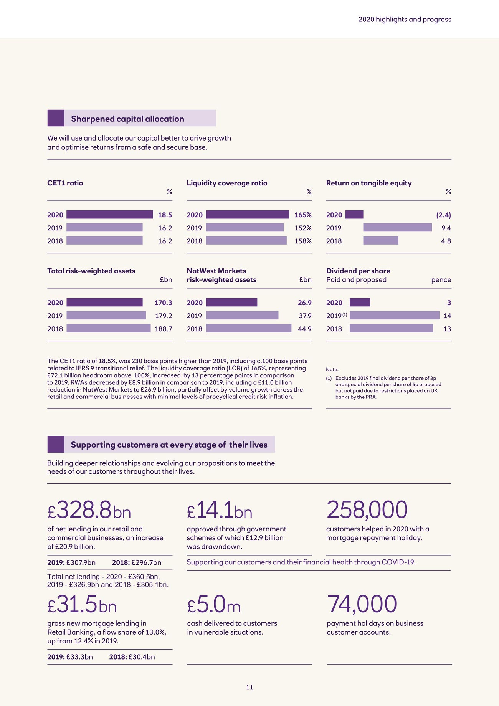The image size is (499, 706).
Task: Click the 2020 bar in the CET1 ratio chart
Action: tap(109, 215)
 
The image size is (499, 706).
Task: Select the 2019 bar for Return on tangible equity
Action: tap(397, 228)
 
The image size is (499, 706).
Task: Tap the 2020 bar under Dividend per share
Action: tap(360, 303)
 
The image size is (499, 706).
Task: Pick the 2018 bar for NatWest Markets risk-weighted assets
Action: tap(248, 329)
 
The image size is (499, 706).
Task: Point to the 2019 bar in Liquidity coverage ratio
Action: tap(245, 228)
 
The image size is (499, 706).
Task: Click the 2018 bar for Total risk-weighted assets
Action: tap(108, 329)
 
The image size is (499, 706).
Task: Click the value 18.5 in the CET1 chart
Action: tap(165, 215)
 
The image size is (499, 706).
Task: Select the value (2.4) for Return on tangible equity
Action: tap(443, 215)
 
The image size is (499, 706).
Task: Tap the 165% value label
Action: tap(303, 215)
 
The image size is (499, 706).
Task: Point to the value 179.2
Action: tap(163, 316)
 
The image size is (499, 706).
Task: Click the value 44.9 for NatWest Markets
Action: tap(305, 329)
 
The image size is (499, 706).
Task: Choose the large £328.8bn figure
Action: tap(89, 510)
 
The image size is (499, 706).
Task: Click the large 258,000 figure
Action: tap(367, 510)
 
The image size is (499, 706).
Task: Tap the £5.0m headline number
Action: tap(214, 605)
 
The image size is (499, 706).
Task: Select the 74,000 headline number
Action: tap(362, 604)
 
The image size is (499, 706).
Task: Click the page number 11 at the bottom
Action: tap(249, 687)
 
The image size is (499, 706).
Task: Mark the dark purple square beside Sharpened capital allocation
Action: tap(56, 118)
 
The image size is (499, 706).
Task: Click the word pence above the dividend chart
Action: tap(441, 280)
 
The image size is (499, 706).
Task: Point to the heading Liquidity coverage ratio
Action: tap(227, 183)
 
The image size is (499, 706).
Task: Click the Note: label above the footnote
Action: tap(332, 370)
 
